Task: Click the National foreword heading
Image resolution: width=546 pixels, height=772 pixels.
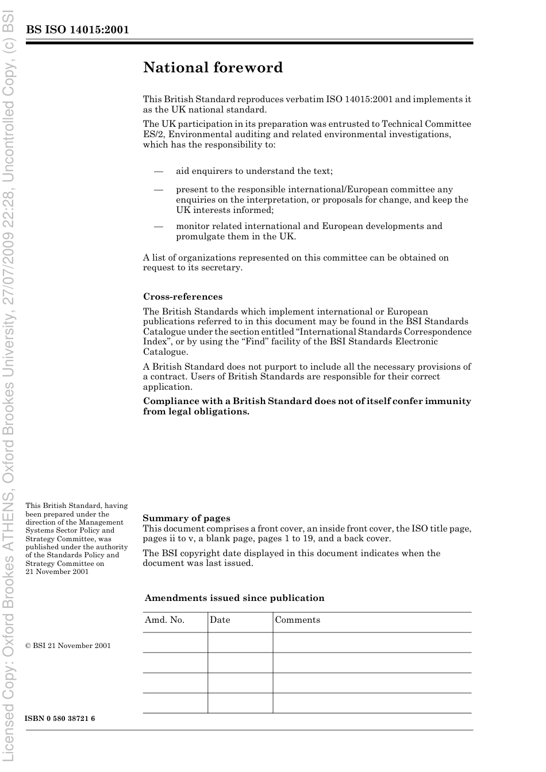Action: click(x=213, y=68)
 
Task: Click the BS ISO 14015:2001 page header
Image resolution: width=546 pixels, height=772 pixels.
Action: click(x=77, y=30)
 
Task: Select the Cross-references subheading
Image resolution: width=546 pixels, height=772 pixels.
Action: click(x=182, y=297)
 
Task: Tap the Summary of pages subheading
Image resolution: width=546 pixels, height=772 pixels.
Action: click(x=186, y=518)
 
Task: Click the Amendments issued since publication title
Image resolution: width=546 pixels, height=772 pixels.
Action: click(x=234, y=598)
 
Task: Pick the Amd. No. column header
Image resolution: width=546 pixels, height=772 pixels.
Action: click(x=164, y=620)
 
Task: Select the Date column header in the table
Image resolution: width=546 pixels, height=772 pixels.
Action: click(x=220, y=620)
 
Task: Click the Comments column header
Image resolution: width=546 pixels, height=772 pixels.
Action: click(x=297, y=620)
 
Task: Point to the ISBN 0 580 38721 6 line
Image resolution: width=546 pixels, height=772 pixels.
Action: click(x=60, y=719)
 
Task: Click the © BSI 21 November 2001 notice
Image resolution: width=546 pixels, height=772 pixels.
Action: click(x=68, y=646)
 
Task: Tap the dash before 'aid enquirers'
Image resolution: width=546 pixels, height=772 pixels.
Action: click(x=158, y=171)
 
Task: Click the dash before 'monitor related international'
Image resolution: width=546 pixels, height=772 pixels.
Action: click(x=158, y=226)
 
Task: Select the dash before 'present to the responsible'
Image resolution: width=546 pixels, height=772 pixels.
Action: click(x=158, y=189)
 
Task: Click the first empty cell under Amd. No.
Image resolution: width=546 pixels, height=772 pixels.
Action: click(x=175, y=642)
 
